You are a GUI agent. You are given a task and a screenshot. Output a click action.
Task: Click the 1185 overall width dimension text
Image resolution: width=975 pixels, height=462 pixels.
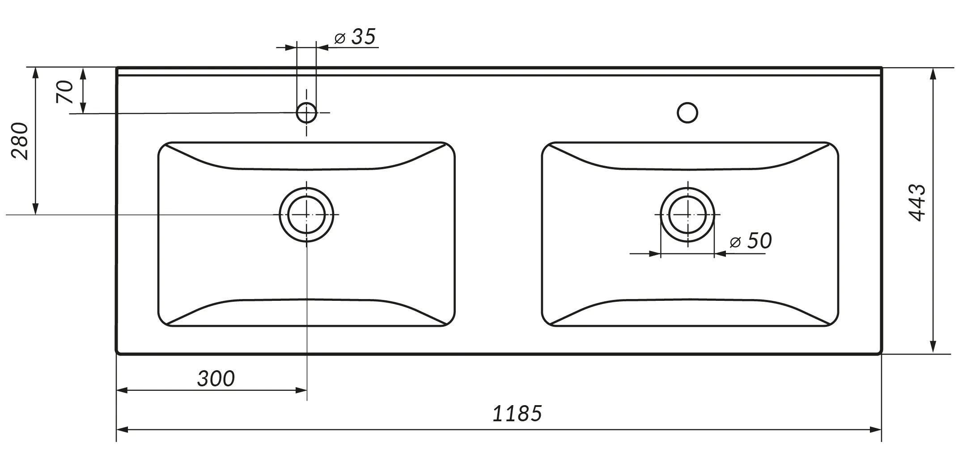point(517,413)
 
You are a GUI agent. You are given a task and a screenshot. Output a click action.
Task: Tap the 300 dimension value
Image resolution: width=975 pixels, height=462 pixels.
point(216,379)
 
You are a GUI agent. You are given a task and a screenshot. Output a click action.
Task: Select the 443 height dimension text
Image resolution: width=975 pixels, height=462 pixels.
point(917,203)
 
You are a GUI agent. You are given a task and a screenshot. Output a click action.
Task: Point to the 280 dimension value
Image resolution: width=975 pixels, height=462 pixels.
point(20,141)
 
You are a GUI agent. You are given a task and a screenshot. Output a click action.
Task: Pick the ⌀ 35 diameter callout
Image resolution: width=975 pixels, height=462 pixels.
point(355,37)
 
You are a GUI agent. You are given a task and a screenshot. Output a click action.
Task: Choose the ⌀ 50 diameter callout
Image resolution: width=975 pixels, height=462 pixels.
point(750,241)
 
